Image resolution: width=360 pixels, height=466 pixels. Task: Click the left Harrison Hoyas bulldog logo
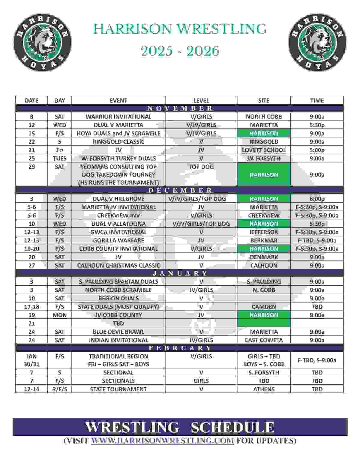[42, 42]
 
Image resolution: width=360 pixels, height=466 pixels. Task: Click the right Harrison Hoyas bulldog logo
[317, 42]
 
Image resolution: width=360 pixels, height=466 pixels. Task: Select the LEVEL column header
[201, 101]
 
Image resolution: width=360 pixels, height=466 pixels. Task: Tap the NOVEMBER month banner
[180, 108]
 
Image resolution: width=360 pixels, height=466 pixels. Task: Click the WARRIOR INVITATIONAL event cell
[118, 117]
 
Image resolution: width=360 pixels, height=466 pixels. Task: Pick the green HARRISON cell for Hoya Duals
[264, 133]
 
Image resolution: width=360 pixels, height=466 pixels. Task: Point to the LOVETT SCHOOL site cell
[264, 150]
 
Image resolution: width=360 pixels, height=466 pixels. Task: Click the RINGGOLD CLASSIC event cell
[118, 142]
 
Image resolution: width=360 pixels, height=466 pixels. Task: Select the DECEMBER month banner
[180, 190]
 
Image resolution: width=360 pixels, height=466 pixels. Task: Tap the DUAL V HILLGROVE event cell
[118, 199]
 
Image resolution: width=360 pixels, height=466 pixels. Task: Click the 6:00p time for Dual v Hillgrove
[317, 199]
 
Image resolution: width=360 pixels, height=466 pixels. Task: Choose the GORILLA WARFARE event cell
[118, 240]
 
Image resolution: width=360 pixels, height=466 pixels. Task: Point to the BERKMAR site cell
[264, 240]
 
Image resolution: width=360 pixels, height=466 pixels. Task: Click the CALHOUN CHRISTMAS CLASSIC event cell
[118, 266]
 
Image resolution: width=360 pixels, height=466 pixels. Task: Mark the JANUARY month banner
[180, 273]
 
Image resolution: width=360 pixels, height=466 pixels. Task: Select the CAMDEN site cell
[264, 307]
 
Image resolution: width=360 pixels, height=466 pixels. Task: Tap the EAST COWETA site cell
[264, 340]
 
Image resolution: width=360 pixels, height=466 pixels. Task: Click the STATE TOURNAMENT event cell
[118, 389]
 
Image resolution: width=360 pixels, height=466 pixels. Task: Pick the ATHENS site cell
[264, 389]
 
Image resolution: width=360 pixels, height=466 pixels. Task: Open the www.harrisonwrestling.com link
[162, 440]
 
